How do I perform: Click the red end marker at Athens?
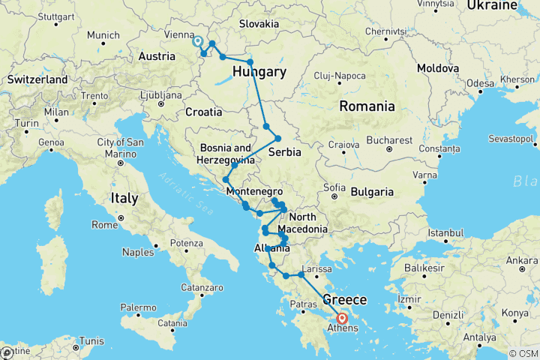point(343,318)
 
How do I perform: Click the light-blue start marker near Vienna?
point(198,42)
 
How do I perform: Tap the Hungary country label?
point(259,72)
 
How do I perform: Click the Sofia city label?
point(334,187)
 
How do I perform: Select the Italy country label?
point(124,199)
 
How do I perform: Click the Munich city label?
point(103,35)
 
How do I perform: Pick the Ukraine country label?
point(491,6)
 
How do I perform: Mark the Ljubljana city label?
point(162,95)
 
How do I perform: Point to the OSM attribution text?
point(523,353)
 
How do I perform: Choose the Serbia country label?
point(285,151)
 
